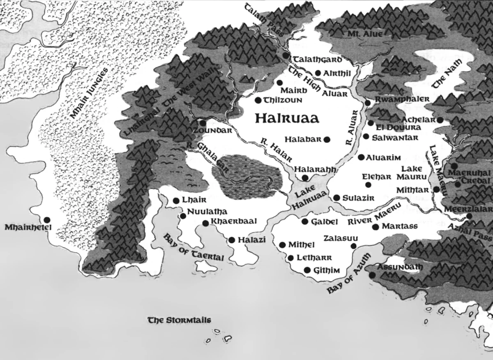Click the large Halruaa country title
pyautogui.click(x=287, y=118)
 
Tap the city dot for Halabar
pyautogui.click(x=327, y=139)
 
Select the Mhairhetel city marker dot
pyautogui.click(x=47, y=219)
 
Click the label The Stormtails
pyautogui.click(x=179, y=320)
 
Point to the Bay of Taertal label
pyautogui.click(x=194, y=248)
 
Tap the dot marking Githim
pyautogui.click(x=307, y=270)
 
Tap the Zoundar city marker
pyautogui.click(x=203, y=122)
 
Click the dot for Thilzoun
pyautogui.click(x=258, y=100)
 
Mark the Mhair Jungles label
pyautogui.click(x=88, y=94)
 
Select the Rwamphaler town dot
pyautogui.click(x=368, y=102)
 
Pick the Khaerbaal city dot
pyautogui.click(x=205, y=223)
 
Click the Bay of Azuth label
pyautogui.click(x=349, y=274)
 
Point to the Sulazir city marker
pyautogui.click(x=336, y=198)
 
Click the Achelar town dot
pyautogui.click(x=440, y=120)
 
